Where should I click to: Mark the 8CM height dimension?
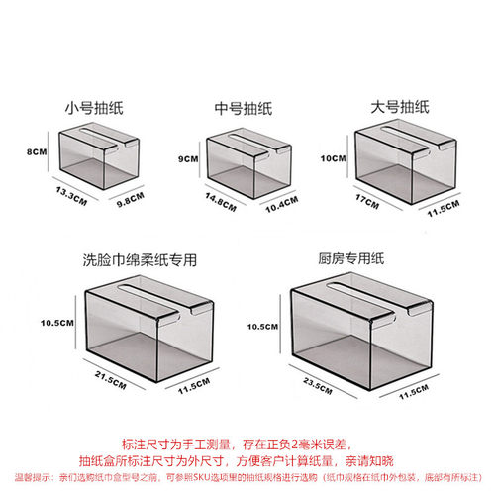tap(37, 151)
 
